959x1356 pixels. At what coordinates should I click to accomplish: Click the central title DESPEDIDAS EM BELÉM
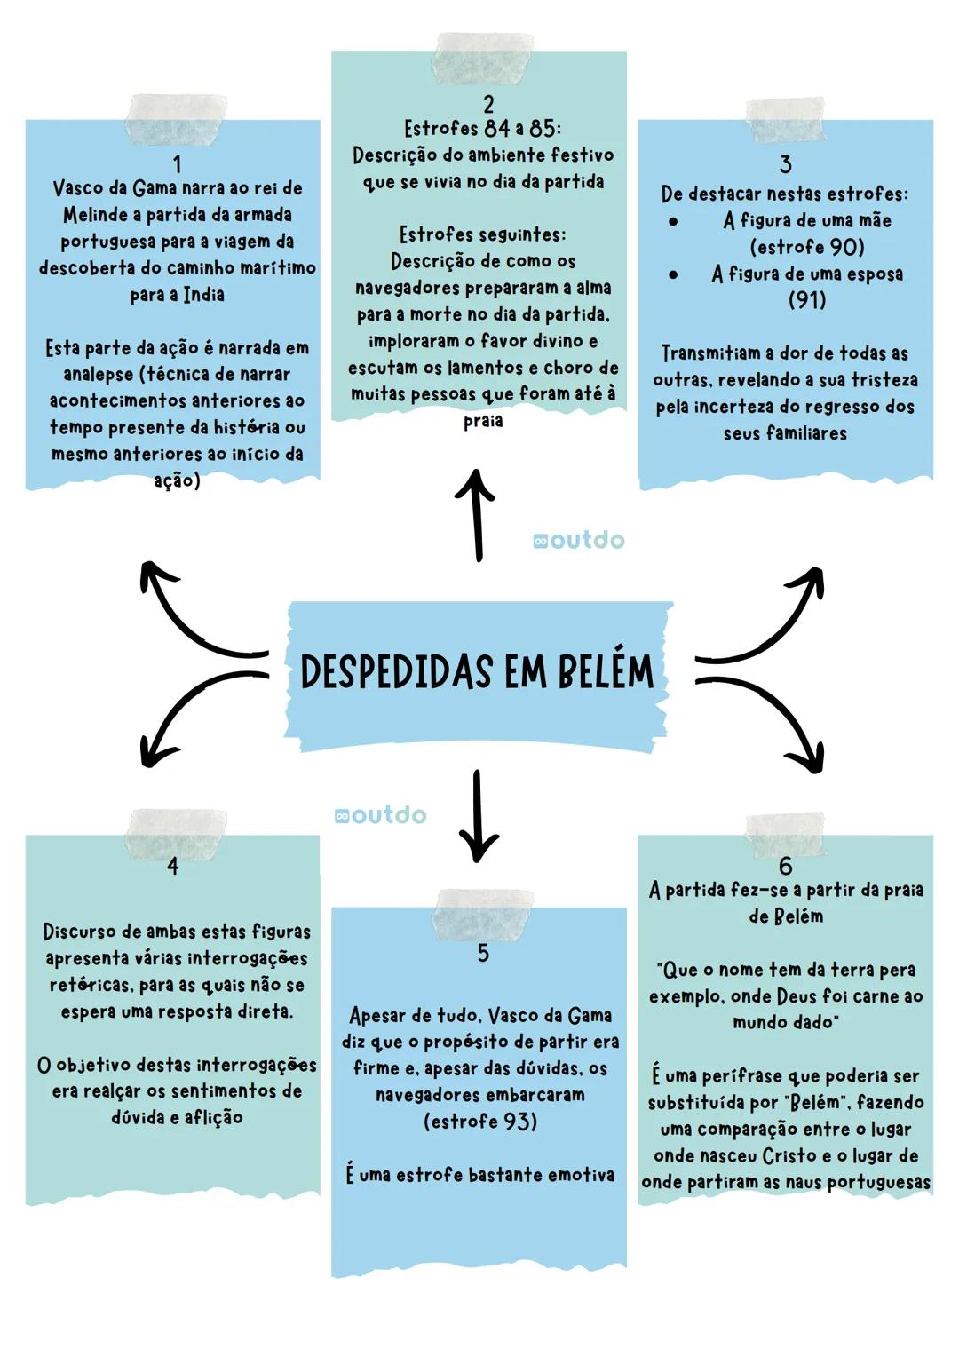[477, 671]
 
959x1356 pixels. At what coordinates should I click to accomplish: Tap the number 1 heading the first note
[178, 164]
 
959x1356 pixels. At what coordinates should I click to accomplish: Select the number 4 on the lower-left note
[172, 866]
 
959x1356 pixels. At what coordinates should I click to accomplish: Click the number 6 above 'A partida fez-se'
[785, 866]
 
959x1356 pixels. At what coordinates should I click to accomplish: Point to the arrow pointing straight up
[478, 515]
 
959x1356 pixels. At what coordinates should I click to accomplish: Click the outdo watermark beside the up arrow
[579, 540]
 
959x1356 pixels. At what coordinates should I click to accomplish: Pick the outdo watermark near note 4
[380, 815]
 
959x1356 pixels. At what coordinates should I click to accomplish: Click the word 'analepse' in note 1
[97, 375]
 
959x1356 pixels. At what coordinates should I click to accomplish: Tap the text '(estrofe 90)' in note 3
[806, 247]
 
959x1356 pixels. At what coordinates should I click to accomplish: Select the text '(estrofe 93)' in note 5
[479, 1122]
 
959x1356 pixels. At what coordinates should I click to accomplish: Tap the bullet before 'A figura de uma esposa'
[674, 274]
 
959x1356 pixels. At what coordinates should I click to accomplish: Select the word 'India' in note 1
[203, 295]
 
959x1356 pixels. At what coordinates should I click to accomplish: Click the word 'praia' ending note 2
[482, 421]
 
